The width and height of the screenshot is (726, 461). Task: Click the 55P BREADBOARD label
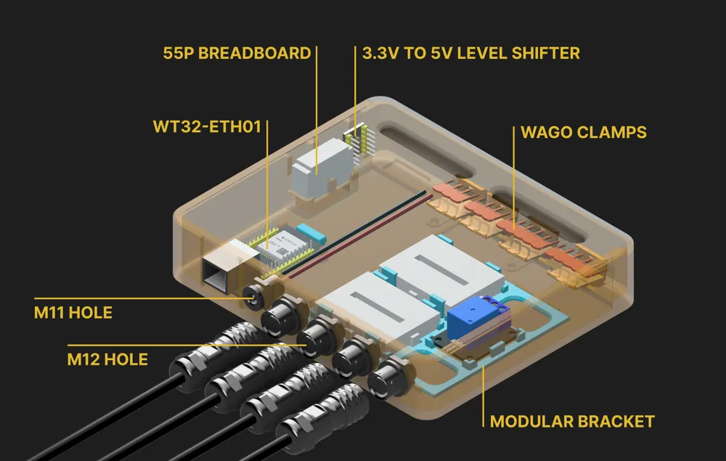pos(237,53)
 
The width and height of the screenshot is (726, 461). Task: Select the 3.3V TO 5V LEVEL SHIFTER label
pos(470,53)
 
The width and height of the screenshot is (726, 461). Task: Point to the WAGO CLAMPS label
pos(583,133)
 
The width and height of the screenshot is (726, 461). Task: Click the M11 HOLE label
pos(73,313)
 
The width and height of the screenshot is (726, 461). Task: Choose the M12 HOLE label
pos(107,359)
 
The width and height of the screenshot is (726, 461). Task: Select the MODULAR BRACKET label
pos(572,421)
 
